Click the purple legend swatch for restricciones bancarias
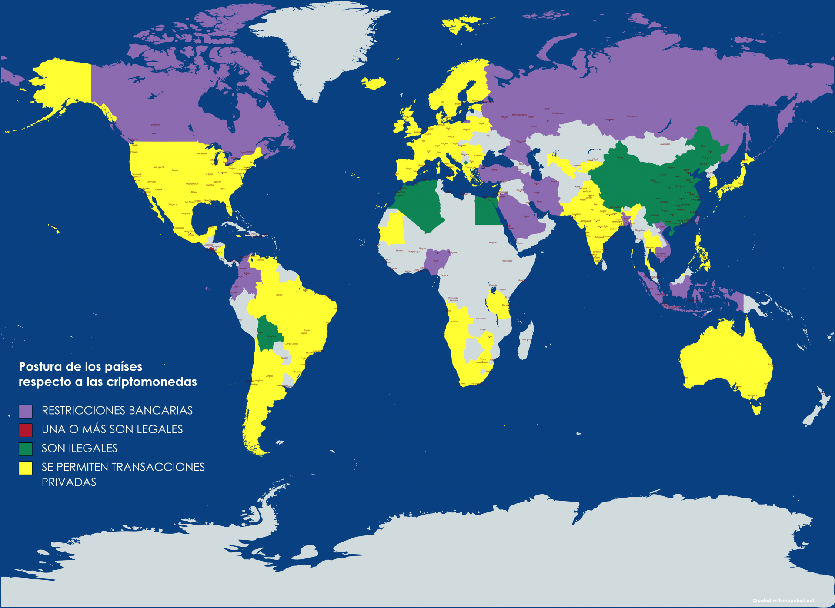pos(26,411)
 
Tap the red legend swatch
pos(26,430)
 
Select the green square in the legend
pos(26,449)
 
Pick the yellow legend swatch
pos(26,468)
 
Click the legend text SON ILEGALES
pos(79,448)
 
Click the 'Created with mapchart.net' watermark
pos(783,601)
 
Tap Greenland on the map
pos(317,48)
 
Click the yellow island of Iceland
pos(373,83)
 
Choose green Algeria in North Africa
pos(420,204)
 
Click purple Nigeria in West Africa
pos(436,261)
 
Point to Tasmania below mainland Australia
pos(757,409)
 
